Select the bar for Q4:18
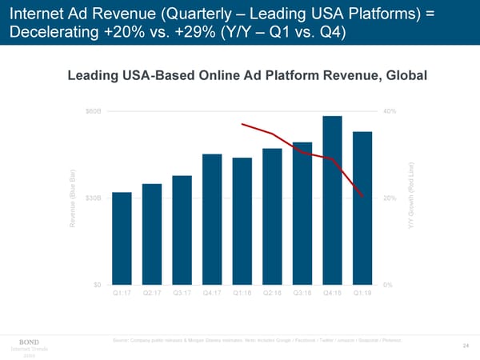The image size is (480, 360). pyautogui.click(x=333, y=200)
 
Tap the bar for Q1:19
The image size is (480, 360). pyautogui.click(x=362, y=208)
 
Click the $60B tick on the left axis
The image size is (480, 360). pyautogui.click(x=93, y=110)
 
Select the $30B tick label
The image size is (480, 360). pyautogui.click(x=93, y=198)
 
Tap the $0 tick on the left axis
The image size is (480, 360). pyautogui.click(x=96, y=285)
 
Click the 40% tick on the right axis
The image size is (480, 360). pyautogui.click(x=390, y=110)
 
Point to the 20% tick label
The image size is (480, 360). pyautogui.click(x=390, y=198)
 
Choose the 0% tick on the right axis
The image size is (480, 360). pyautogui.click(x=388, y=285)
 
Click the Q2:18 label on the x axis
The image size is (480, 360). pyautogui.click(x=272, y=294)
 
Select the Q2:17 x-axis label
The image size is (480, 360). pyautogui.click(x=152, y=294)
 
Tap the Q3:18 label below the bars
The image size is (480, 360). pyautogui.click(x=302, y=294)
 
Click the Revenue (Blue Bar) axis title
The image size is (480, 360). pyautogui.click(x=73, y=198)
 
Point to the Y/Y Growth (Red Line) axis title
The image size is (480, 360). pyautogui.click(x=410, y=198)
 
